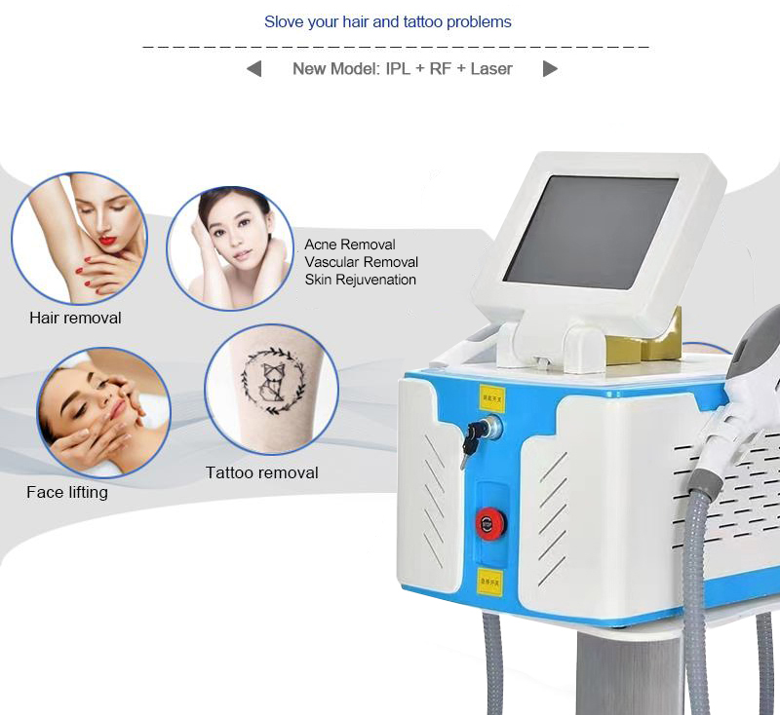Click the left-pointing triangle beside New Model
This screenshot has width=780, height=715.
[254, 69]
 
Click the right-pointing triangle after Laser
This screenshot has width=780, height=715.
[550, 69]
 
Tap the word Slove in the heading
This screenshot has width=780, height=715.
[284, 21]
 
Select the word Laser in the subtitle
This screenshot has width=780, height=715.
[491, 69]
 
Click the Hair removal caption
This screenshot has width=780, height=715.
[75, 318]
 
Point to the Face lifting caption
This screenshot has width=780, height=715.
[67, 492]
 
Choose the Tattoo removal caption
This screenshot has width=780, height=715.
[261, 472]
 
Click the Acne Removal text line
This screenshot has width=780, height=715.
[350, 245]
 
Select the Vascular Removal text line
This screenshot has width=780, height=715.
[361, 262]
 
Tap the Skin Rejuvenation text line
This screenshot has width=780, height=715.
[360, 280]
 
